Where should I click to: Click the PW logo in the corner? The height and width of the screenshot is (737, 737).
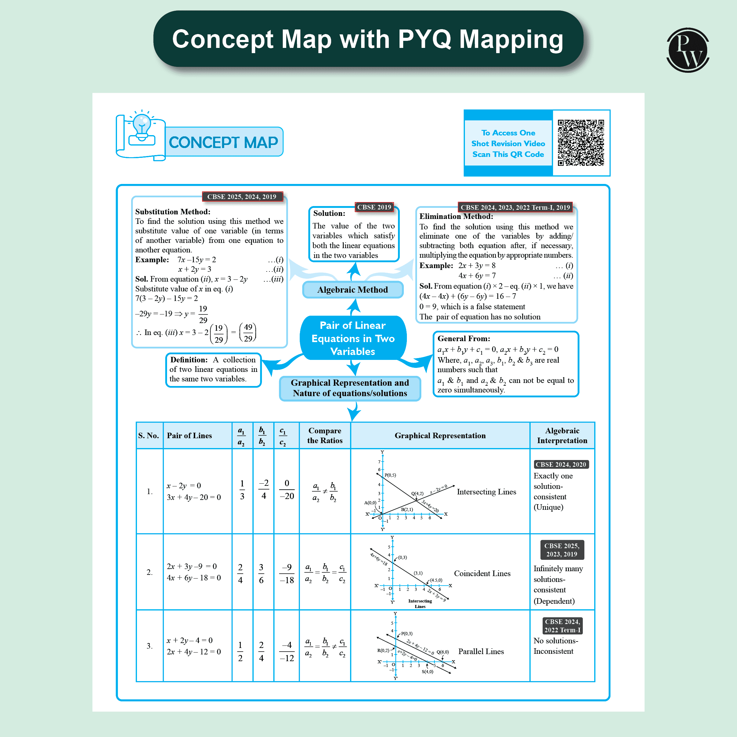688,50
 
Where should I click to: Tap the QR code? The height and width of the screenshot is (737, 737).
581,143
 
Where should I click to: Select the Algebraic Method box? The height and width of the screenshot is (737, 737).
353,290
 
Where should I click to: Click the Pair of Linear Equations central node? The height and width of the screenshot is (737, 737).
353,338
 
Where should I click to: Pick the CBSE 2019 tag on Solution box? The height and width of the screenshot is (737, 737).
374,207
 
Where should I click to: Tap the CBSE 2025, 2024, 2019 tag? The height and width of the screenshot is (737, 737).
242,197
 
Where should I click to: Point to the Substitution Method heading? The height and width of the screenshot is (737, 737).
172,212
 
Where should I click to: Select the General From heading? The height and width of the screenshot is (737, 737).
463,339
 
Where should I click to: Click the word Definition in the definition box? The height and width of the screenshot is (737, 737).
189,360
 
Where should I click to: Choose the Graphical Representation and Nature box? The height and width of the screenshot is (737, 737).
350,388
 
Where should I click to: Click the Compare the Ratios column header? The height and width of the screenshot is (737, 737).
325,435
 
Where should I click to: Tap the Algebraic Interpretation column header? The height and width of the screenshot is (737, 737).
562,435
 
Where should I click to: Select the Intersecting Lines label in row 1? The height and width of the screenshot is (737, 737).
486,492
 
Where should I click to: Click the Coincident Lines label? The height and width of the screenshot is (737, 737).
482,573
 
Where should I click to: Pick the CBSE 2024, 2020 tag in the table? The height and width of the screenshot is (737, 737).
560,464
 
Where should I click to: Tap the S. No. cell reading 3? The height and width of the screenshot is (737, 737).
150,646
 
